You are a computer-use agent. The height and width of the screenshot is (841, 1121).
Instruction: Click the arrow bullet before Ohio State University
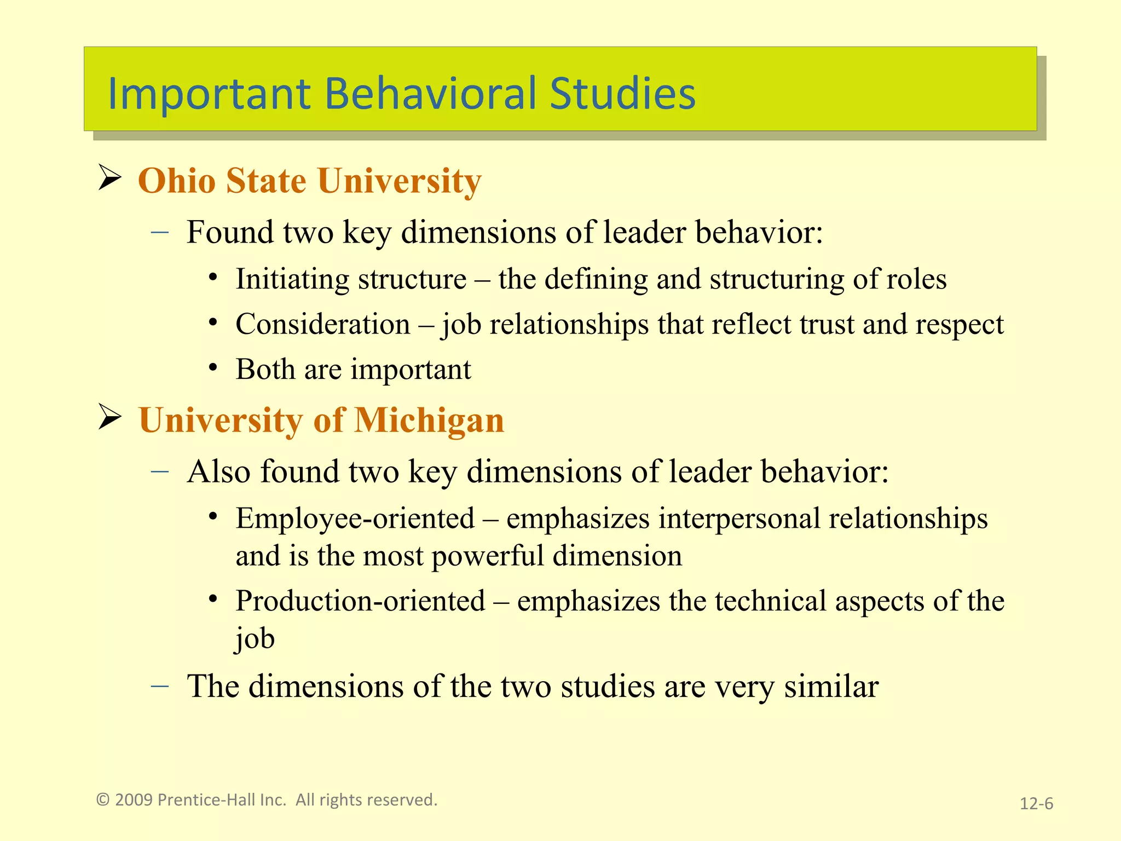[109, 178]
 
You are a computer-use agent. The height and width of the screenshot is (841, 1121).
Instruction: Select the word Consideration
[323, 324]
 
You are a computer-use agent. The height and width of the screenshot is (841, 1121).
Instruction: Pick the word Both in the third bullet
[265, 369]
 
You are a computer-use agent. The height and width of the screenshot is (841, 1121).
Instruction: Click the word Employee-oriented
[355, 519]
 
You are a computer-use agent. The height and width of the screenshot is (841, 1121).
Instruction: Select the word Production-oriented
[360, 601]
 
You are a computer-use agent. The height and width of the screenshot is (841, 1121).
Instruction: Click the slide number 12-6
[1036, 804]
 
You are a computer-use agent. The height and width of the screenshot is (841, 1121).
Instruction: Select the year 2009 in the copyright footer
[134, 800]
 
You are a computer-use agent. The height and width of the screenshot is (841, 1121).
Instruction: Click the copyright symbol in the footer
[102, 800]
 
